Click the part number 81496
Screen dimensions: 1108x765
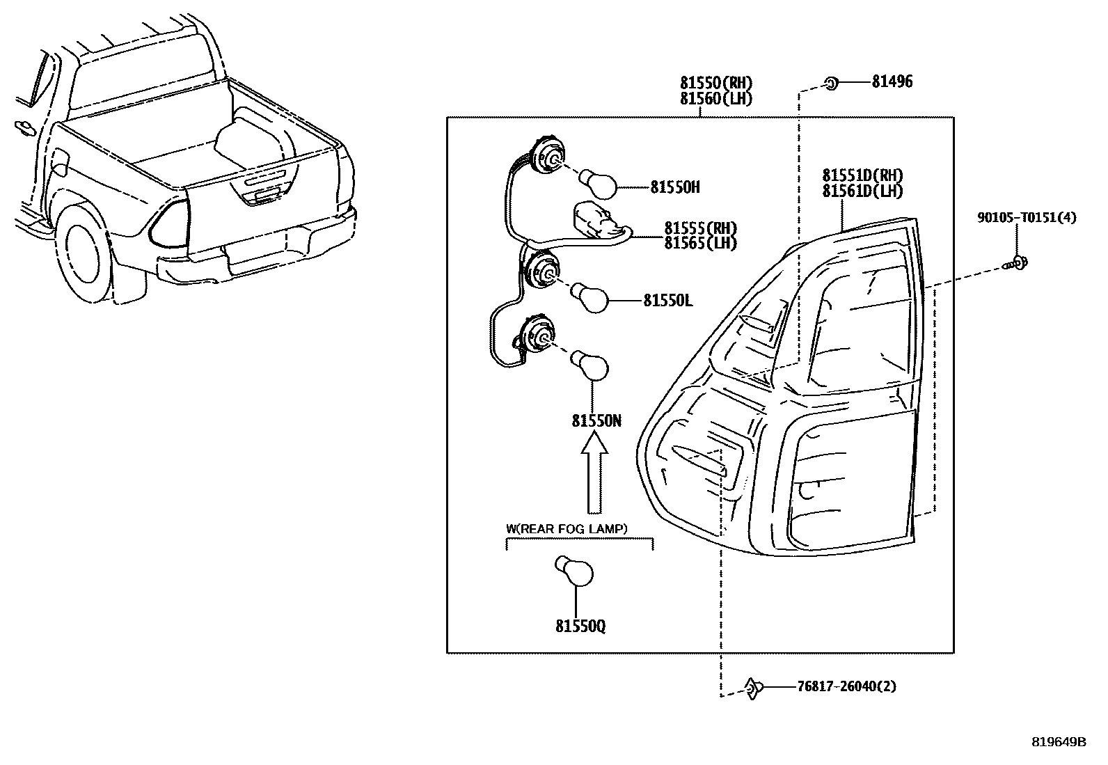pos(892,81)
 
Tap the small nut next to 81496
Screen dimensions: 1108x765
pos(832,84)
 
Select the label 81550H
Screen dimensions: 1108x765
pos(675,187)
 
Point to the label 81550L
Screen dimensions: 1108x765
pos(667,300)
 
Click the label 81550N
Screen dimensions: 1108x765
pos(596,421)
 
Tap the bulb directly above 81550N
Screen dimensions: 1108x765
pos(589,365)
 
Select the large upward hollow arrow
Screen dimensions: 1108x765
pos(594,472)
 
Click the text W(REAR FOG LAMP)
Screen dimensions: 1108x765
pos(567,529)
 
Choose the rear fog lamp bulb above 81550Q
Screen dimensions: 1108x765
pos(573,571)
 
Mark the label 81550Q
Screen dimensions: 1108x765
pos(580,626)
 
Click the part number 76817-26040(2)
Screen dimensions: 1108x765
pos(846,687)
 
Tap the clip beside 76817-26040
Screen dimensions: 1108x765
pos(753,688)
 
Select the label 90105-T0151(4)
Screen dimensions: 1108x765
pos(1027,217)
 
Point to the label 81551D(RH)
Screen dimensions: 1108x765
pos(862,175)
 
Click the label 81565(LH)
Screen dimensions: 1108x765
pos(700,243)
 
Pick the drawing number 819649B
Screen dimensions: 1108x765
pos(1059,742)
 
